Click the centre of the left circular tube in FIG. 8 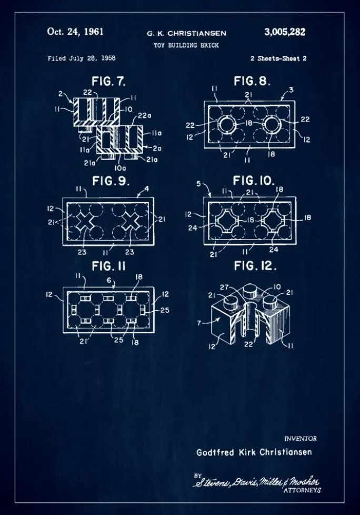click(227, 125)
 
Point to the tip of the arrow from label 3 click(281, 100)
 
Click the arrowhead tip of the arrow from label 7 click(221, 319)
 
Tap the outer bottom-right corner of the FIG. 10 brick click(296, 245)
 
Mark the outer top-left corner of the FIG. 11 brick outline click(63, 288)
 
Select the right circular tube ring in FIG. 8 click(273, 125)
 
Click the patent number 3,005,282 click(285, 32)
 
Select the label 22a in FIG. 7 click(144, 116)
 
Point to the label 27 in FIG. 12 click(224, 288)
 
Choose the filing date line click(82, 58)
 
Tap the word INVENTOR click(301, 439)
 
